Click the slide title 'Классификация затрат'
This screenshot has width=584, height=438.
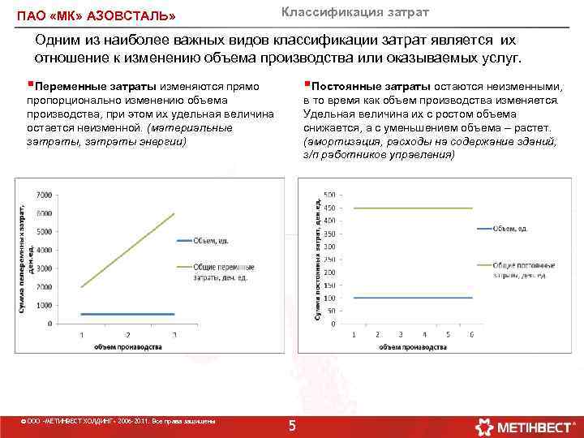point(355,12)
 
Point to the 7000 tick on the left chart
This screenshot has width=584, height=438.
point(43,195)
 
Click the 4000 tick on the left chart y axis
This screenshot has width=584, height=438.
point(43,250)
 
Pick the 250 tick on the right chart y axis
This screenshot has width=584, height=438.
point(330,259)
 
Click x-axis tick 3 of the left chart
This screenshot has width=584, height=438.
point(174,334)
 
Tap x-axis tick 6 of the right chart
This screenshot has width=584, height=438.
point(471,334)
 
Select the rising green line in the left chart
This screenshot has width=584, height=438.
point(128,250)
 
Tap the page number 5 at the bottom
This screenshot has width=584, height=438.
point(293,426)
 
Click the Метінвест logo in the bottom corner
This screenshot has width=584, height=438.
point(527,426)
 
